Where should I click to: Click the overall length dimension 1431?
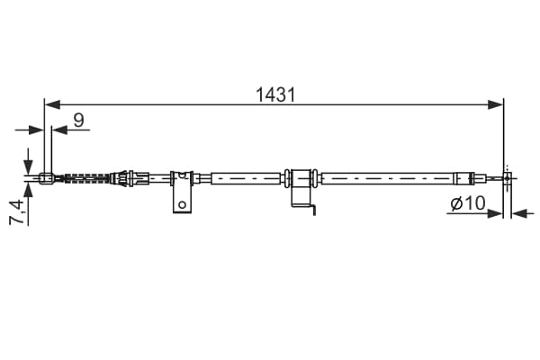click(x=275, y=94)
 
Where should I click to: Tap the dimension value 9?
click(x=79, y=121)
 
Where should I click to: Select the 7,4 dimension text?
click(x=17, y=212)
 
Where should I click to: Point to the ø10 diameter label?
click(x=468, y=203)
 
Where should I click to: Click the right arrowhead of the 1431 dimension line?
click(x=495, y=104)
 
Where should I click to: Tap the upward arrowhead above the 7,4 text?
click(x=28, y=191)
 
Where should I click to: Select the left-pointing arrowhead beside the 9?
click(x=59, y=130)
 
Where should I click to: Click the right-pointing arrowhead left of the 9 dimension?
click(x=36, y=130)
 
